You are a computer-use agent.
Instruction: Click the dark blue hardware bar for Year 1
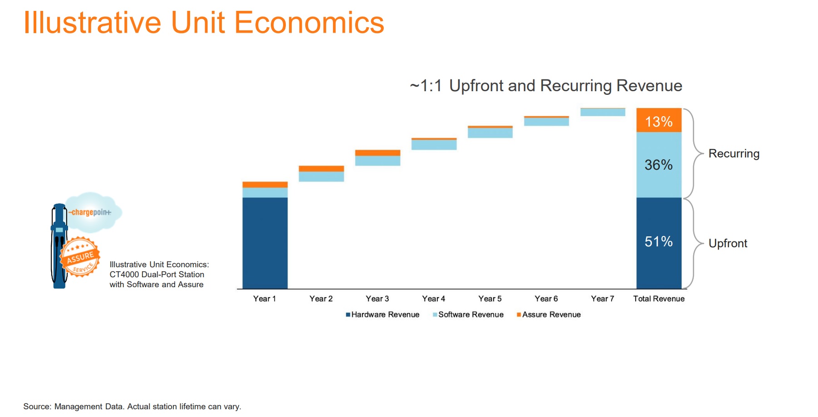(x=265, y=243)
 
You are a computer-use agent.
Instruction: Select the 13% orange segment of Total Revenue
(x=659, y=120)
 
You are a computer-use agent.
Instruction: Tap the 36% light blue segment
(x=659, y=165)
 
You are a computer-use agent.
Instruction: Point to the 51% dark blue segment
(x=659, y=242)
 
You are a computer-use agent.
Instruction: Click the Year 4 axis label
(x=433, y=299)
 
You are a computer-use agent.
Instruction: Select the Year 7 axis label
(x=602, y=299)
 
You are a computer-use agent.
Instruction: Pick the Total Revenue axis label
(x=659, y=299)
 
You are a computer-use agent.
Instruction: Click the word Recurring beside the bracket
(x=734, y=154)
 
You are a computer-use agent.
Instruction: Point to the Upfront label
(x=728, y=244)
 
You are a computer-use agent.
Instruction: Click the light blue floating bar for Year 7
(x=602, y=113)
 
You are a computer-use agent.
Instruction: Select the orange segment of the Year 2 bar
(x=321, y=168)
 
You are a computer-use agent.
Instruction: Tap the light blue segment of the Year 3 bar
(x=377, y=161)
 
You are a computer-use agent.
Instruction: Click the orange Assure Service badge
(x=80, y=257)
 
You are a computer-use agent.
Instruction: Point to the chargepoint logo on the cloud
(x=90, y=212)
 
